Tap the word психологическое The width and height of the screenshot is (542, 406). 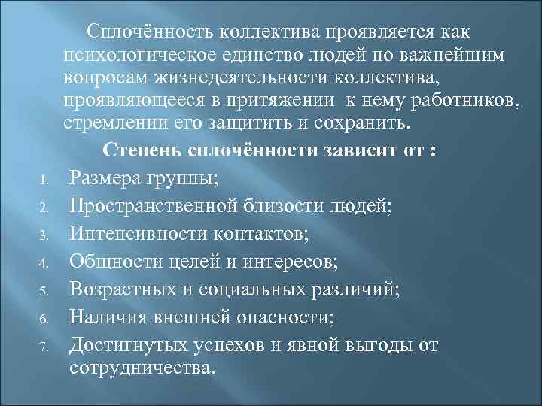click(144, 55)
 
